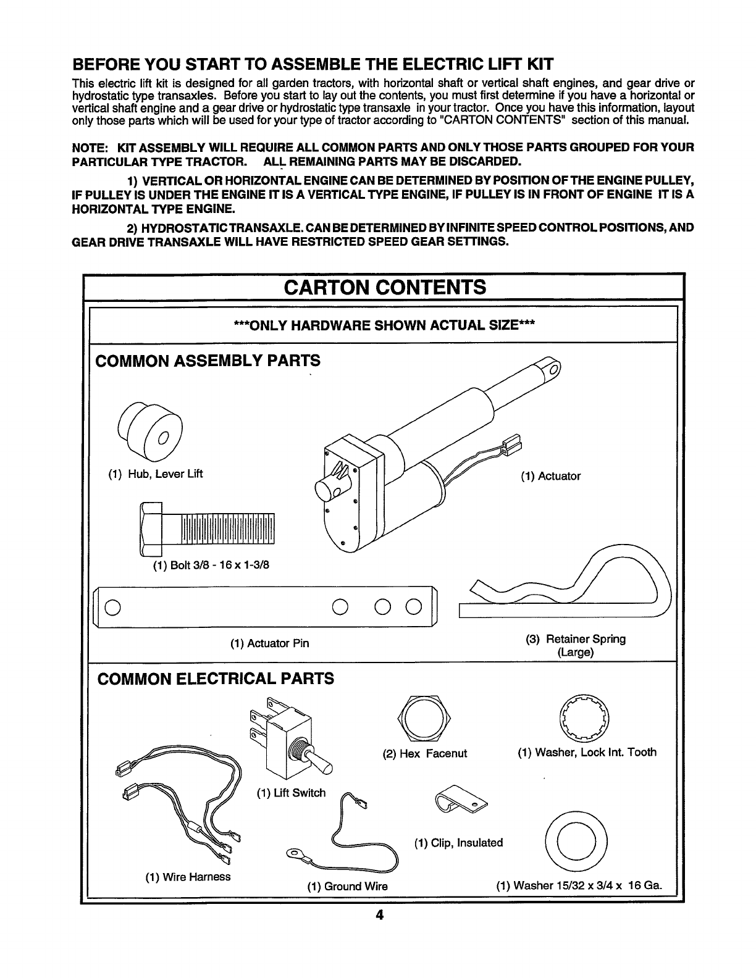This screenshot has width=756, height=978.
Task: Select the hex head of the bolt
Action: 151,529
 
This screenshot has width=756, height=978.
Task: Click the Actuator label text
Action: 550,476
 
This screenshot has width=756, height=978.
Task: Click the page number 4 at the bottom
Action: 379,914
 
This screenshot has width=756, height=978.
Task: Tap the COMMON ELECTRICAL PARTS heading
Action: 216,679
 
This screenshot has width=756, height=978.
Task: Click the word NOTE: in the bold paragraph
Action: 90,148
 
